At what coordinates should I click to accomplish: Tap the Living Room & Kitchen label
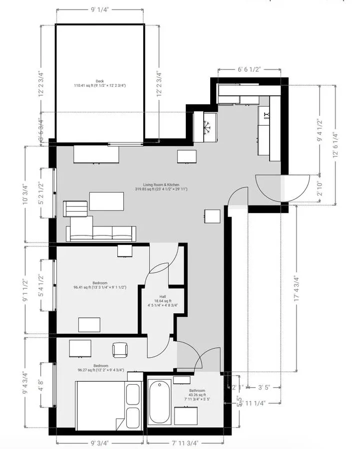point(157,187)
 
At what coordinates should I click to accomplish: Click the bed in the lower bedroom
point(100,404)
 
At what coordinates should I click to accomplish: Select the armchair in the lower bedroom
point(120,350)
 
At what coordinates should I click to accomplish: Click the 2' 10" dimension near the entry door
point(319,189)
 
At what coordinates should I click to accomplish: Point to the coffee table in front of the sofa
point(106,201)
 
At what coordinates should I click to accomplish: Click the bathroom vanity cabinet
point(186,415)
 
